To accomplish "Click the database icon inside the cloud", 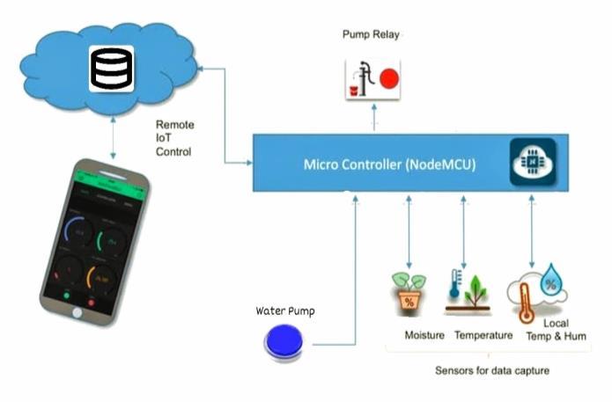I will pos(111,68).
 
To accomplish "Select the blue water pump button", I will pos(284,341).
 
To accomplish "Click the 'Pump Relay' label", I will pos(370,34).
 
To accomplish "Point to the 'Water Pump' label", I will pos(284,311).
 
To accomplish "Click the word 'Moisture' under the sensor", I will pos(424,335).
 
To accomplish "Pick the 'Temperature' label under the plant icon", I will pos(483,335).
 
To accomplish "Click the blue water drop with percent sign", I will pos(552,279).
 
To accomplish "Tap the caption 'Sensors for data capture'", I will pos(492,370).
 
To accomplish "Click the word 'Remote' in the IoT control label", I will pos(174,125).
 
